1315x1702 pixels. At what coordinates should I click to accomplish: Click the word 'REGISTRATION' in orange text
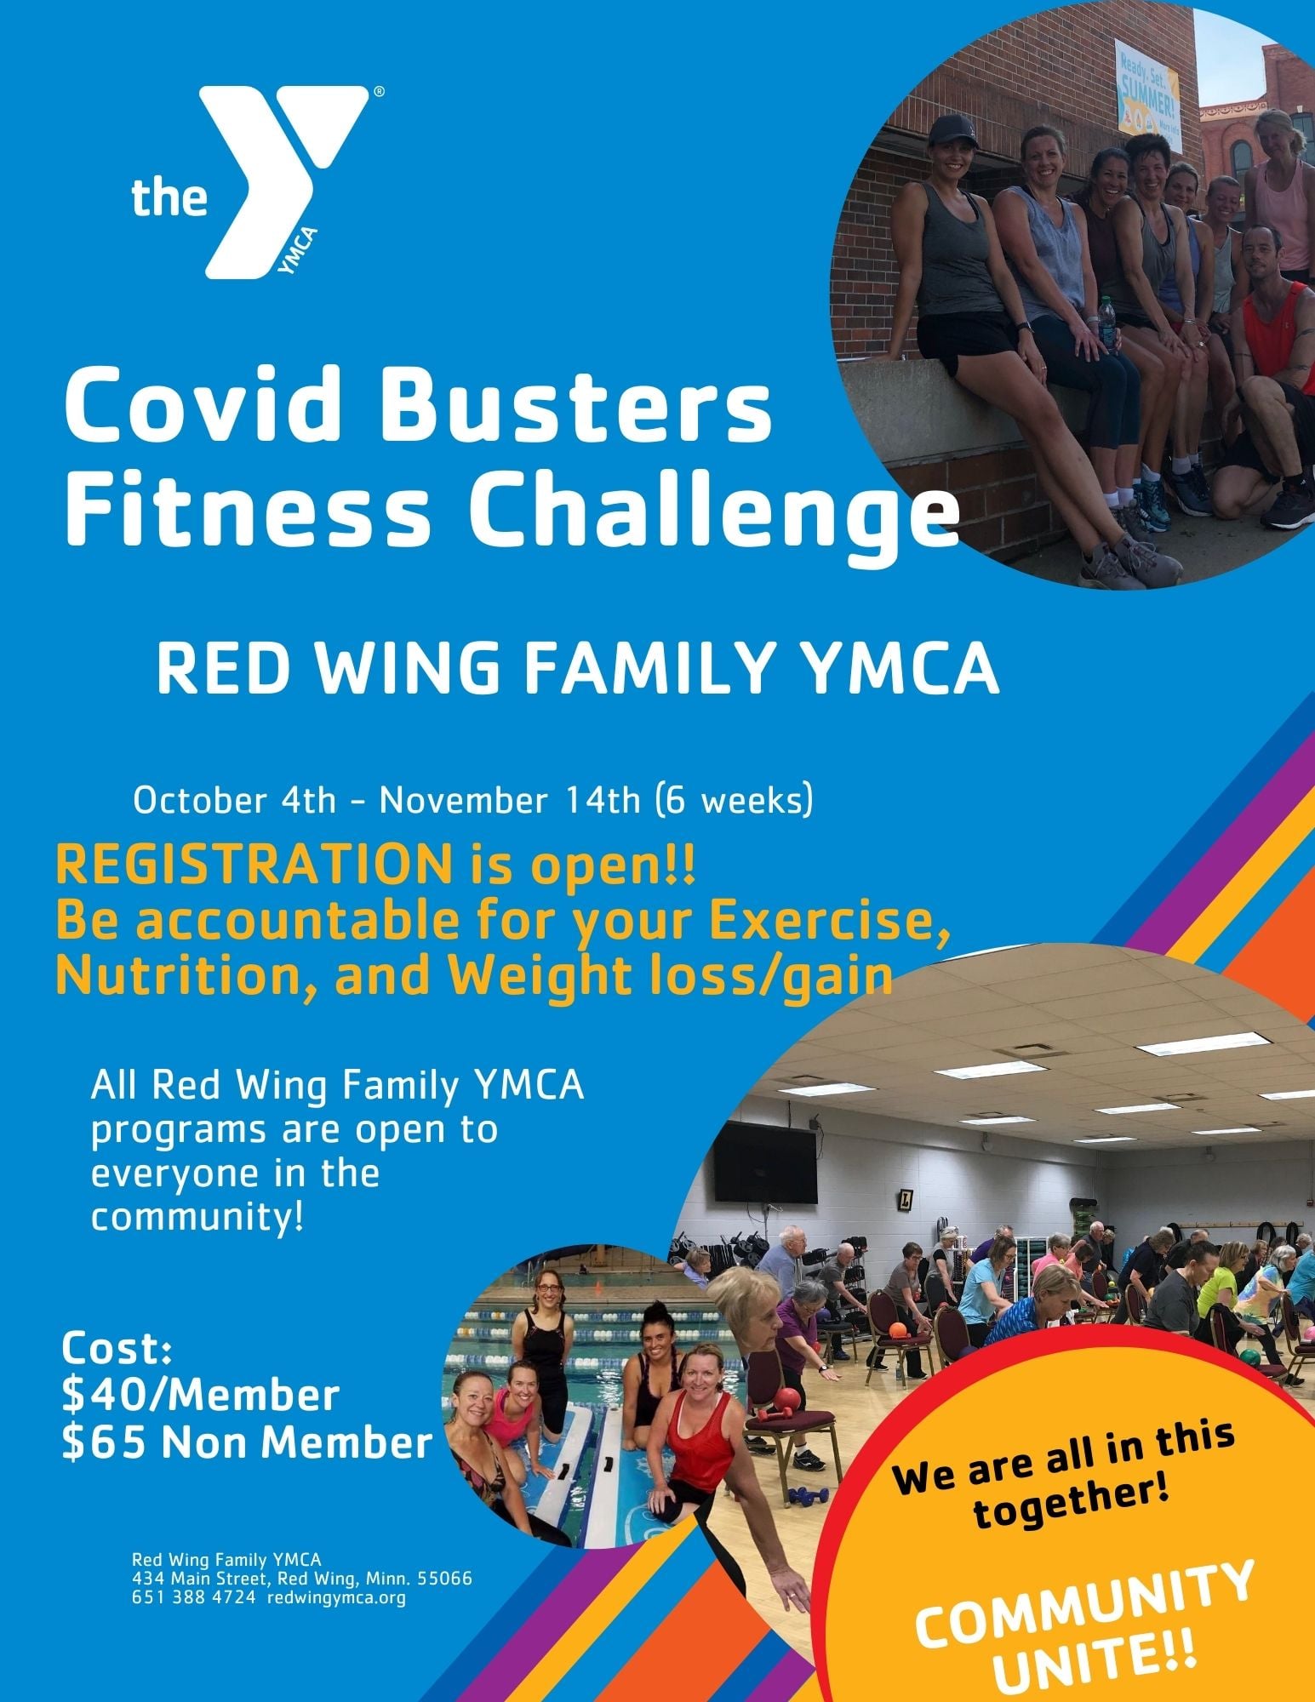[254, 866]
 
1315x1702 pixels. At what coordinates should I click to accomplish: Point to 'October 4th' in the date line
[235, 802]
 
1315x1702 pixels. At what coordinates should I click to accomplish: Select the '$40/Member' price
[201, 1396]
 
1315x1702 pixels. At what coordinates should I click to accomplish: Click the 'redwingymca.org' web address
[336, 1598]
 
